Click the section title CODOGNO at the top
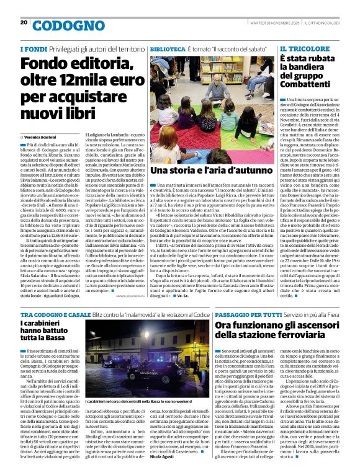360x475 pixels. (x=60, y=25)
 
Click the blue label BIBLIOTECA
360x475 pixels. (x=167, y=48)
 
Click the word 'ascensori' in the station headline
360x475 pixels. (x=304, y=325)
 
